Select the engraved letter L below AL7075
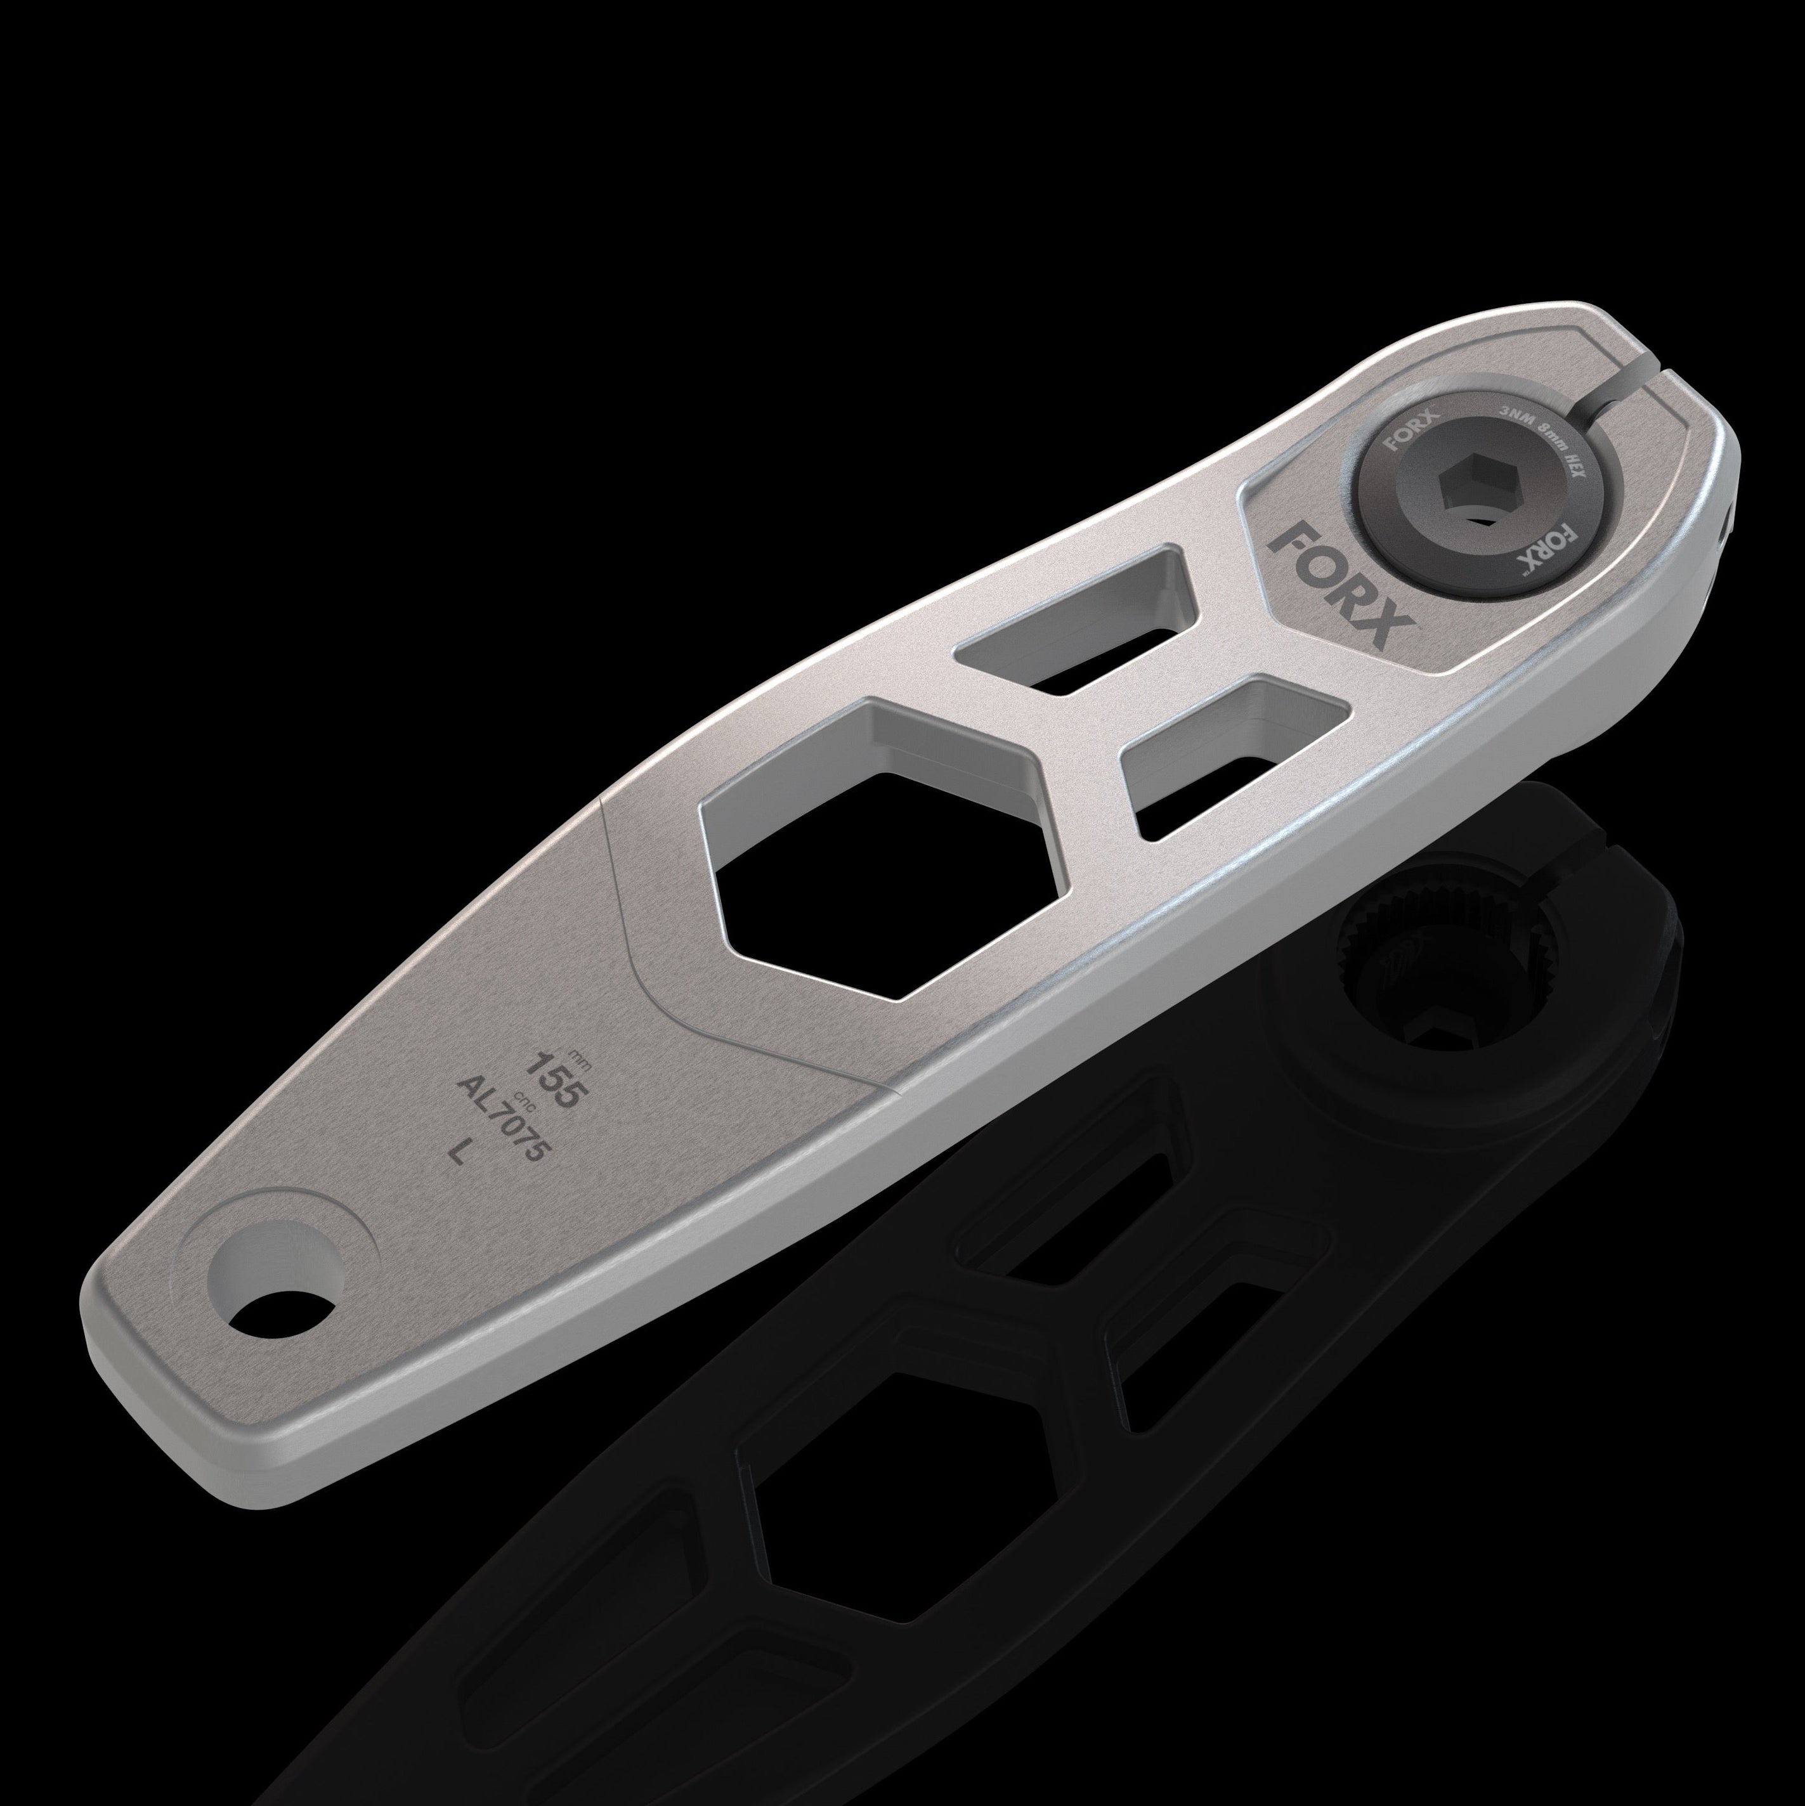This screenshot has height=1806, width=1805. pos(458,1153)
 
